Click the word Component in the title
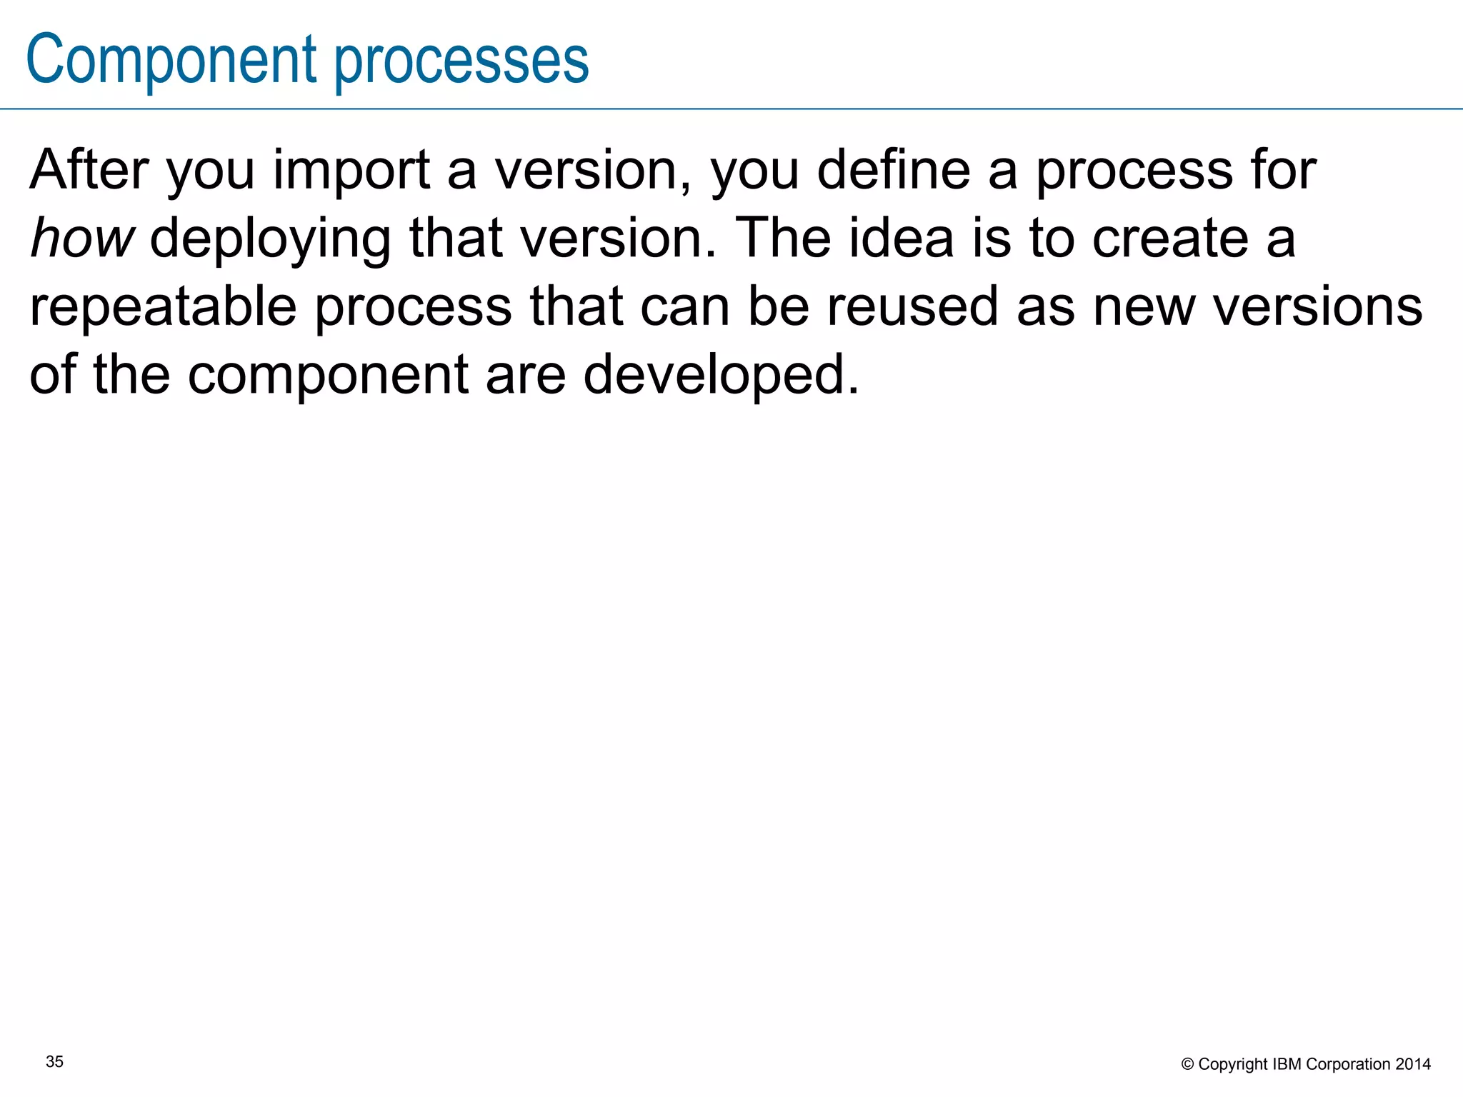171,61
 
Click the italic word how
81,239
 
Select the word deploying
270,239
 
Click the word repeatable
163,307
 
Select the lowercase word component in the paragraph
328,376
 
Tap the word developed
721,376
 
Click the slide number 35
54,1062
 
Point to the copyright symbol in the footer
1187,1065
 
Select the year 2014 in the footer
1413,1064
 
